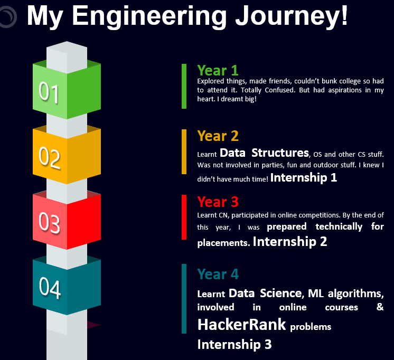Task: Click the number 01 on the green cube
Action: (49, 92)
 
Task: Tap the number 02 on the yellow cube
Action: (50, 157)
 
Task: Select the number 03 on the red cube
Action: (49, 223)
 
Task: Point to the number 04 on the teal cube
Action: (50, 288)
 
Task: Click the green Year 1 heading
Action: (218, 70)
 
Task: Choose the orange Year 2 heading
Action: (218, 136)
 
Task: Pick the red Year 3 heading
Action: (218, 202)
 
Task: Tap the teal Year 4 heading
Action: (218, 274)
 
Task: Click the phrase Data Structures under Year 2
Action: (264, 153)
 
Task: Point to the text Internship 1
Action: (304, 177)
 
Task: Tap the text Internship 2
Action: (290, 242)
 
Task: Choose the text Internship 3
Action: (234, 345)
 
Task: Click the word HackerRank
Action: (241, 325)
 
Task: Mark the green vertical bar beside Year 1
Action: (184, 86)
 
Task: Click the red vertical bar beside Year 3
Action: (184, 217)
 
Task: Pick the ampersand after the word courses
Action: (380, 307)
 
